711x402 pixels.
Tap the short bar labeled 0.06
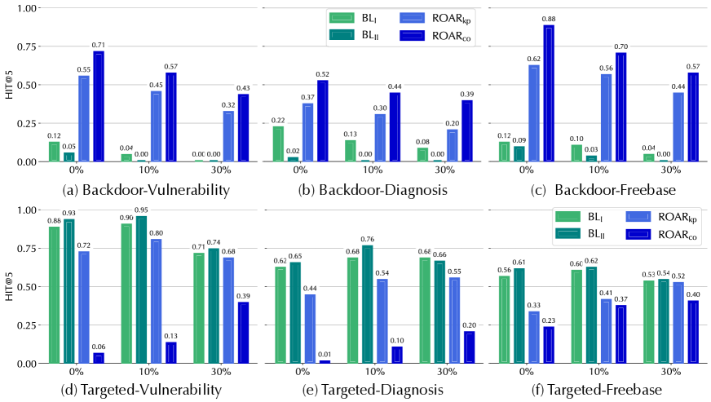[x=99, y=358]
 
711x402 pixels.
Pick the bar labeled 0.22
[x=278, y=144]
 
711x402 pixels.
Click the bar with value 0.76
[x=367, y=304]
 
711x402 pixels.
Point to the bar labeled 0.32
[x=229, y=136]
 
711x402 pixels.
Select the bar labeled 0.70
[x=621, y=107]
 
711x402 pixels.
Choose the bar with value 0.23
[x=549, y=345]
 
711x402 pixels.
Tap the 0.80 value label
[x=156, y=233]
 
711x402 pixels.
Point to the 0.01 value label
[x=325, y=354]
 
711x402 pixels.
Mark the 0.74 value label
[x=214, y=242]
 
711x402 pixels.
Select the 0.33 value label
[x=534, y=305]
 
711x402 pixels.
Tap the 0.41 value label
[x=607, y=293]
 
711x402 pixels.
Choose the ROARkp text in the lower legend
[x=679, y=218]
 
